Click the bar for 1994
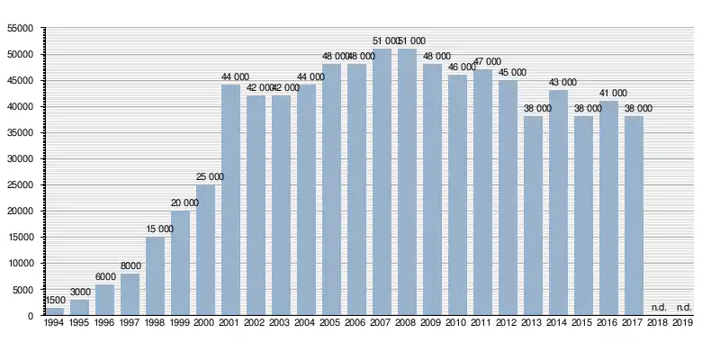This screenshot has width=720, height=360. click(x=55, y=311)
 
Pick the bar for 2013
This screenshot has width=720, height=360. click(x=534, y=216)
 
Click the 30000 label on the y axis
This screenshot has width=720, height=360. click(x=20, y=159)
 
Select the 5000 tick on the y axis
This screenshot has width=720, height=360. click(x=22, y=290)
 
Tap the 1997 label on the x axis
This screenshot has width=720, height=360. click(x=130, y=322)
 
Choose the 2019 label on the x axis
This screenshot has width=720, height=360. click(x=685, y=322)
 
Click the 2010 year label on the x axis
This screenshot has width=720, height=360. click(x=458, y=322)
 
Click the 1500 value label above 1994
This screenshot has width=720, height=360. click(x=55, y=301)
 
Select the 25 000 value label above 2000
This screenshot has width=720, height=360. click(x=206, y=177)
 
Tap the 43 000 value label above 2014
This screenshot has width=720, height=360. click(x=559, y=84)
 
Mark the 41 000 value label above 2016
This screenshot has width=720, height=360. click(x=609, y=94)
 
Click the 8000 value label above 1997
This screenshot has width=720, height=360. click(x=130, y=266)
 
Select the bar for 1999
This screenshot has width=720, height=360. click(x=181, y=263)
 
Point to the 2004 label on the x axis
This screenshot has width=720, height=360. click(x=307, y=322)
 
